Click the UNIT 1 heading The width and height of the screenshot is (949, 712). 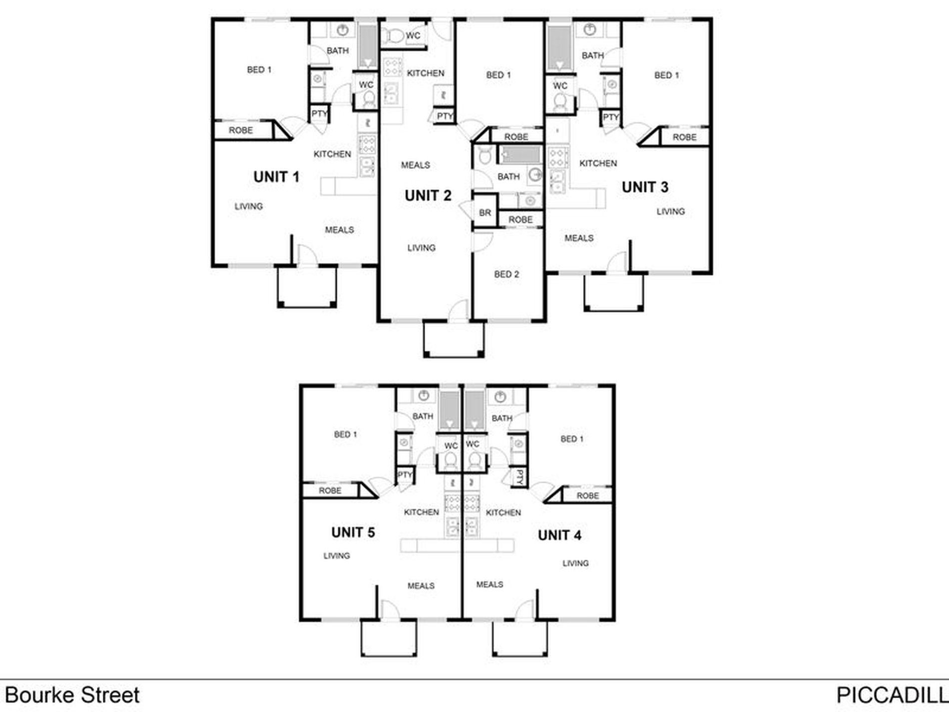click(x=276, y=177)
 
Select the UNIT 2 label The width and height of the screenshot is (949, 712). click(x=428, y=195)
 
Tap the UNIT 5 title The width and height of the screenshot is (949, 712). click(x=353, y=533)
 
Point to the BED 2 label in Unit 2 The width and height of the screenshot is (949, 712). click(x=506, y=274)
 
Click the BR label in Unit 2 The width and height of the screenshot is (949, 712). click(x=485, y=213)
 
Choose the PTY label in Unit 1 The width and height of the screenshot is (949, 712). click(x=319, y=114)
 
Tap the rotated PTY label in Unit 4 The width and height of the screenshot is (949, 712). click(x=519, y=477)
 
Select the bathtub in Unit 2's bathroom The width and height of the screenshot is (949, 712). click(x=520, y=155)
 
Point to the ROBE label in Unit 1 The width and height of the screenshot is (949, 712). click(x=241, y=130)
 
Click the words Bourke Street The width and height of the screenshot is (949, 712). click(x=72, y=695)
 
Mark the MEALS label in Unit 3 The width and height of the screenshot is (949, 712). click(x=579, y=238)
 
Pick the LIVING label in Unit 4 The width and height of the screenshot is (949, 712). click(x=575, y=564)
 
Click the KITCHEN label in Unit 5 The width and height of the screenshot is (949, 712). click(x=421, y=513)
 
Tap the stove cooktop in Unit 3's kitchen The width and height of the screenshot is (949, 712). click(x=558, y=157)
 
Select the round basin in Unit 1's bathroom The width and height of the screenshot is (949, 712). click(x=343, y=30)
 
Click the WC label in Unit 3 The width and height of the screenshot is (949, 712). click(x=560, y=86)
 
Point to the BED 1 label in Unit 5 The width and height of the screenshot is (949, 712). click(x=346, y=435)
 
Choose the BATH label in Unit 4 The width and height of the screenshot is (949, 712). click(x=502, y=418)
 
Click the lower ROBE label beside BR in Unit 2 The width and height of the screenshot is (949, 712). click(x=520, y=220)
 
